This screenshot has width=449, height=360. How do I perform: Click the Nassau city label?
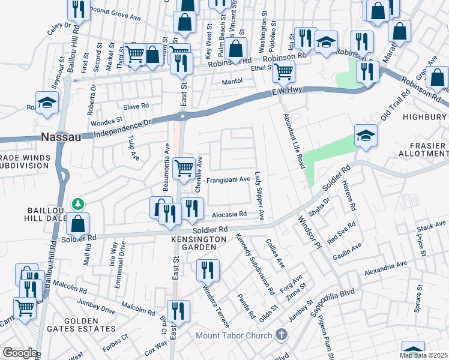[x=61, y=137]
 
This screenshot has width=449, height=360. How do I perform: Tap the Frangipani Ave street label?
[x=228, y=179]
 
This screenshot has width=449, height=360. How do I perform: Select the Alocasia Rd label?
[x=229, y=214]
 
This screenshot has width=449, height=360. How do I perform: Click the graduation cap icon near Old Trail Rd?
[x=365, y=135]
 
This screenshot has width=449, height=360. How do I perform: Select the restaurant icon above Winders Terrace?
[x=208, y=269]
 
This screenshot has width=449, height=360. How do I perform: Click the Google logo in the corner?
[x=20, y=353]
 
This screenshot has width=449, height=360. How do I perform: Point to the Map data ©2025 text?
[x=424, y=355]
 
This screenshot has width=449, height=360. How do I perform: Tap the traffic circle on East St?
[x=182, y=115]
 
